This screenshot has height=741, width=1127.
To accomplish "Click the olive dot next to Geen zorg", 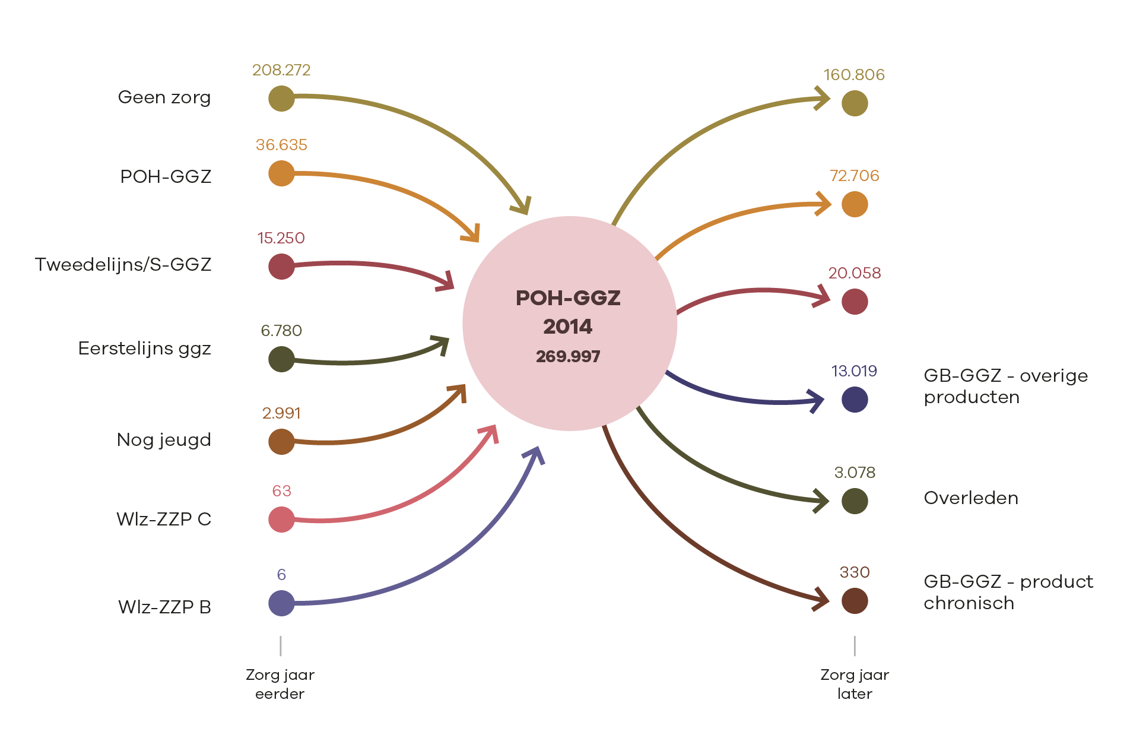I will (281, 99).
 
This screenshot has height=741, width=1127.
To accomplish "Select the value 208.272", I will (281, 70).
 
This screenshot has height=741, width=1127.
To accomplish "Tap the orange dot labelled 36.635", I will (281, 173).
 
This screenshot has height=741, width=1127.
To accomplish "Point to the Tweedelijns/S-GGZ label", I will (123, 264).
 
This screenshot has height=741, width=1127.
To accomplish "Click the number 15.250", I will (281, 238).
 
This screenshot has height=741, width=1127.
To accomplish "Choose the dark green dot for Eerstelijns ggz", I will (281, 359).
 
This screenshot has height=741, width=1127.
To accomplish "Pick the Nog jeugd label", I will (164, 440).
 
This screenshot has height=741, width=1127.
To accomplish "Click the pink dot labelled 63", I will (281, 520).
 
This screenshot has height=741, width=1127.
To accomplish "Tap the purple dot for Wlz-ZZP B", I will (281, 603).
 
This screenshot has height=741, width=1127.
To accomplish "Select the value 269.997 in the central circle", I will (568, 356).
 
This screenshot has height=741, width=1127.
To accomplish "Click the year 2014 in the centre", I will (568, 327).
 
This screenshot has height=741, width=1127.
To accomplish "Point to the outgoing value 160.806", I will (854, 75).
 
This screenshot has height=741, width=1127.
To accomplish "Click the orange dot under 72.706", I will (855, 204).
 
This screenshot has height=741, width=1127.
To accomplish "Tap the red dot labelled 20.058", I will (855, 302).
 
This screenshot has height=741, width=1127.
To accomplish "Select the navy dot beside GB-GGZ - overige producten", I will (855, 399).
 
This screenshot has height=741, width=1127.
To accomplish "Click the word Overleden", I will (971, 498).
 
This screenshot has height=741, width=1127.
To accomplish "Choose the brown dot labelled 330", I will (855, 601).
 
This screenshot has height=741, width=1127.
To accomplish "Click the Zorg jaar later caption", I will (855, 684).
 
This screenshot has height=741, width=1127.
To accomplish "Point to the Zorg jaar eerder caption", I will (280, 684).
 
